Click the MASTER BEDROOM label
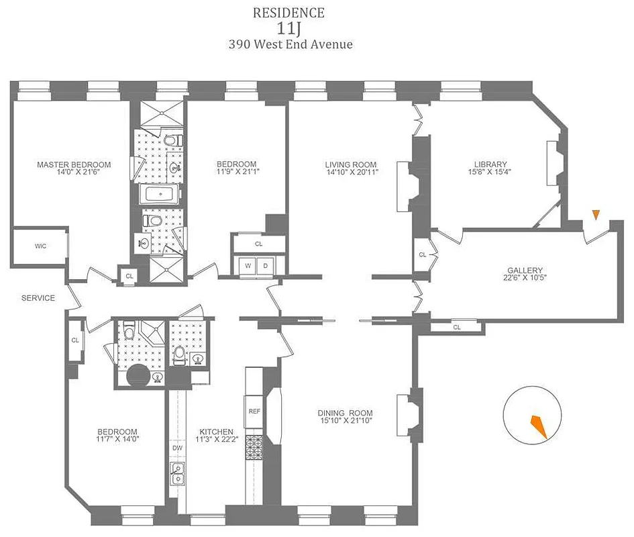point(74,164)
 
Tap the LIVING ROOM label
point(350,164)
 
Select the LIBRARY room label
point(490,164)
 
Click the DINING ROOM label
point(346,413)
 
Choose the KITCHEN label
point(217,432)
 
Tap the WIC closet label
point(40,246)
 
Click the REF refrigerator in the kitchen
point(254,411)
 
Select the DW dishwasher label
point(178,447)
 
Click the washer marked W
point(248,266)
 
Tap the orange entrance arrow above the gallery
point(594,215)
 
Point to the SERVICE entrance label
point(38,298)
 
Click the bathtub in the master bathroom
point(159,196)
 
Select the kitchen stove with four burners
point(254,448)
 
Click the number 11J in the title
point(288,29)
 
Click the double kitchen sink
point(178,473)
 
